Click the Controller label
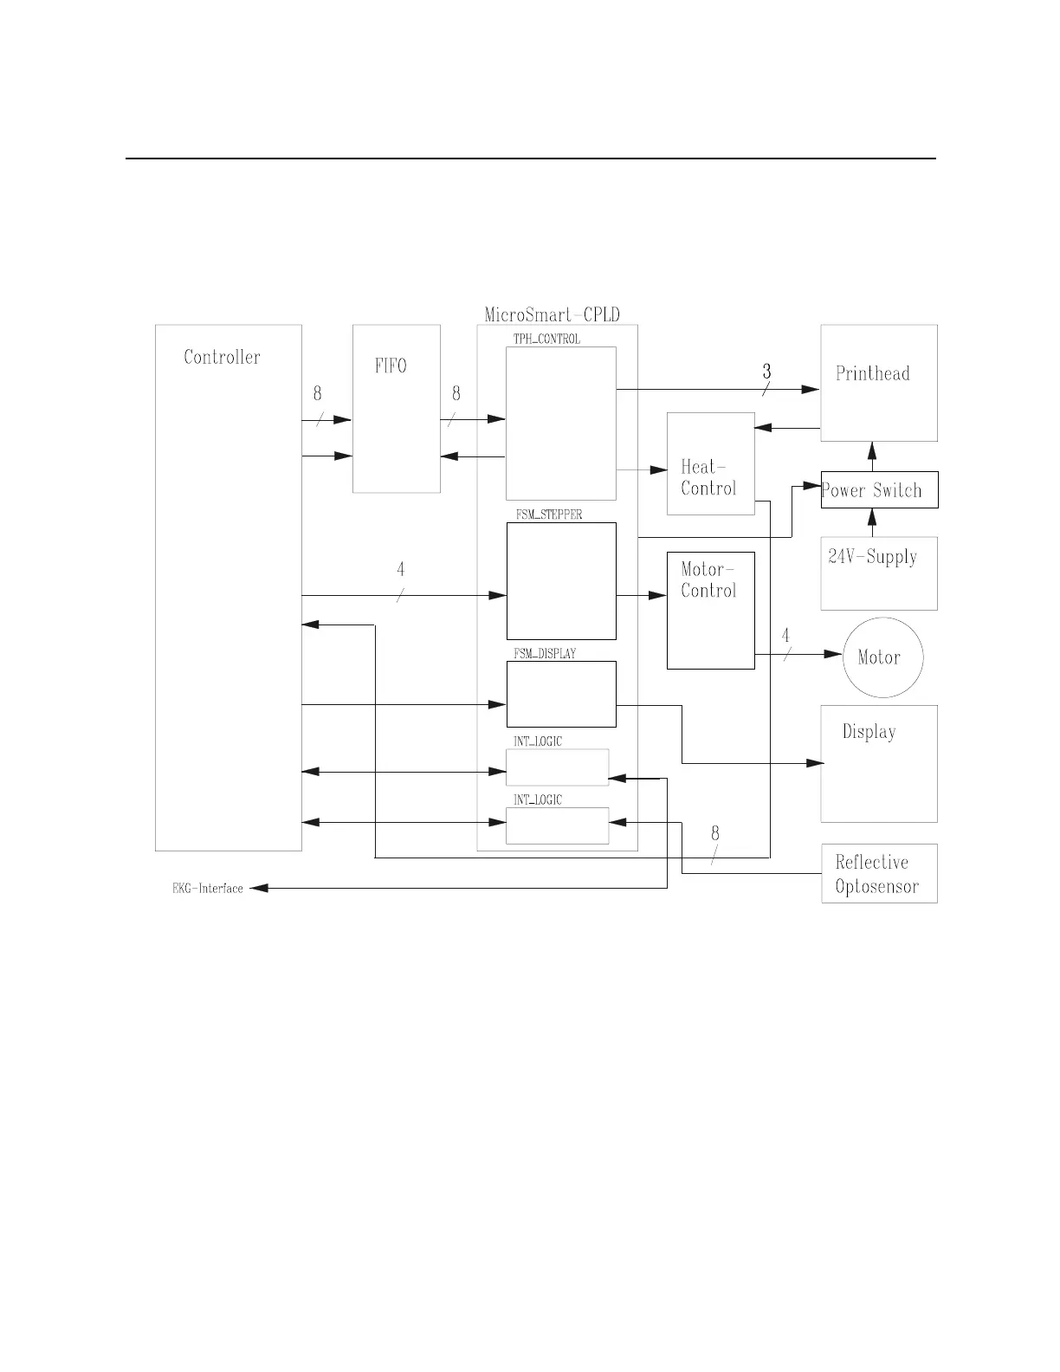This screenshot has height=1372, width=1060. coord(222,357)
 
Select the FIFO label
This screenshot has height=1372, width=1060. coord(391,366)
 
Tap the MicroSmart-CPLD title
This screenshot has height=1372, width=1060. coord(552,314)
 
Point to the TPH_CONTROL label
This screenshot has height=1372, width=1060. coord(546,339)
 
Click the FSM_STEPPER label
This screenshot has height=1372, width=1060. coord(548,514)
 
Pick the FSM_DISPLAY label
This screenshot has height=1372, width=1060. coord(545,654)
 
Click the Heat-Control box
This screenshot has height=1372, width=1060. coord(710,463)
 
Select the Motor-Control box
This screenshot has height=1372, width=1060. coord(710,610)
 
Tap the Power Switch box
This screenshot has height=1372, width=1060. coord(879,490)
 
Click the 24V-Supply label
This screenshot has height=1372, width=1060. coord(872,557)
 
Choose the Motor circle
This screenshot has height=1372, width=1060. coord(883,657)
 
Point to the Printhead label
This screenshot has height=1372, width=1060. coord(872,373)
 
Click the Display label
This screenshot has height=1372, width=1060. coord(869,732)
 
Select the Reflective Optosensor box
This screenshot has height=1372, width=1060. coord(879,873)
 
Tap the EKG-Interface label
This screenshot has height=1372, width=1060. coord(208,888)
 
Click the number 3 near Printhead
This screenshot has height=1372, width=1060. coord(766,372)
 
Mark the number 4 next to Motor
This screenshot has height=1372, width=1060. coord(785,636)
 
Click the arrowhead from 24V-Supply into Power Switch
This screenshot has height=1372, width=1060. coord(872,517)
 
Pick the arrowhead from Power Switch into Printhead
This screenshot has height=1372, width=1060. coord(872,450)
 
